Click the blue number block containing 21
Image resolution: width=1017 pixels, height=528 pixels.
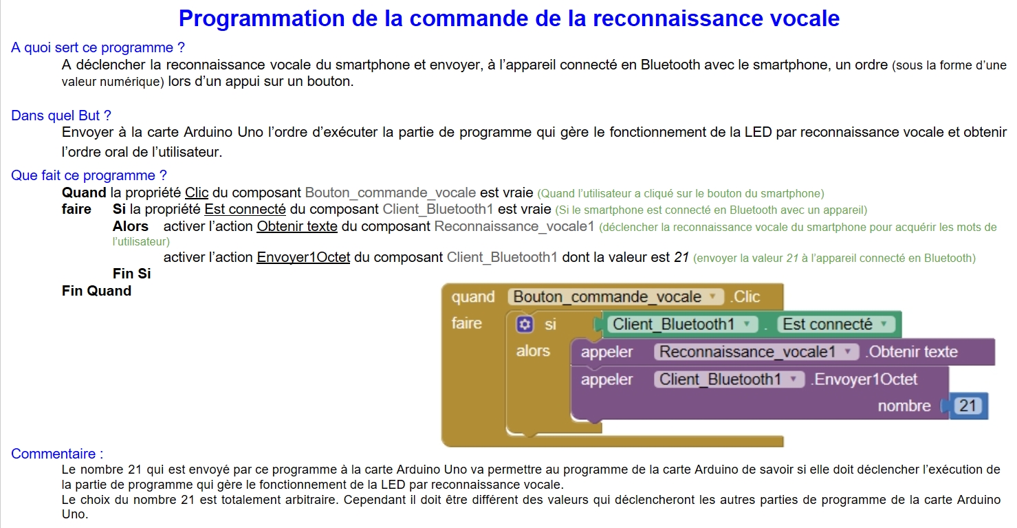click(967, 406)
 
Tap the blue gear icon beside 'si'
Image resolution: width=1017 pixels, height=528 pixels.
click(525, 324)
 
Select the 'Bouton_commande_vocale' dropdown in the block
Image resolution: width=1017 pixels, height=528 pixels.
click(615, 297)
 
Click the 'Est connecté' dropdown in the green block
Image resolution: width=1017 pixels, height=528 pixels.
click(835, 324)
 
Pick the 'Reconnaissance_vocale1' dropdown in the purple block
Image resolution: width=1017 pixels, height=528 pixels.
click(756, 352)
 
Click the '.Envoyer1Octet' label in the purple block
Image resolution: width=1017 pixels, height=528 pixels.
click(864, 379)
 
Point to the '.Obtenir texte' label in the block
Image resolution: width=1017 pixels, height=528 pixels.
click(911, 352)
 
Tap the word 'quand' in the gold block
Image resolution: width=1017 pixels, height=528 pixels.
click(473, 297)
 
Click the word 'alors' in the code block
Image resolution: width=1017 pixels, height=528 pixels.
click(533, 351)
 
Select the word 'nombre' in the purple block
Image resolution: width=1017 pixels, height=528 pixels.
click(904, 406)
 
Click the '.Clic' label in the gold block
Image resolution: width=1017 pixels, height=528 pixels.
click(745, 297)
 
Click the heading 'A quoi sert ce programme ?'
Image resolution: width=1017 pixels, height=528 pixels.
click(98, 47)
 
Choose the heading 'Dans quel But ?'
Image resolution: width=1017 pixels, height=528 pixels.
click(61, 115)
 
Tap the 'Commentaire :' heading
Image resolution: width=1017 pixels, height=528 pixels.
click(57, 454)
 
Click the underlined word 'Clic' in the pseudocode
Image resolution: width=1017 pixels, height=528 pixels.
click(197, 193)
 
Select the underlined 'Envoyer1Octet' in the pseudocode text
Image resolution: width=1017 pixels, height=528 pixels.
click(303, 257)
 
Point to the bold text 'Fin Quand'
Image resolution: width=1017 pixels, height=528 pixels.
click(96, 291)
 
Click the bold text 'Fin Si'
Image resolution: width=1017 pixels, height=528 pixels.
click(131, 274)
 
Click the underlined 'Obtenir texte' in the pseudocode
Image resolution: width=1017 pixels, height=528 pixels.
click(297, 226)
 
